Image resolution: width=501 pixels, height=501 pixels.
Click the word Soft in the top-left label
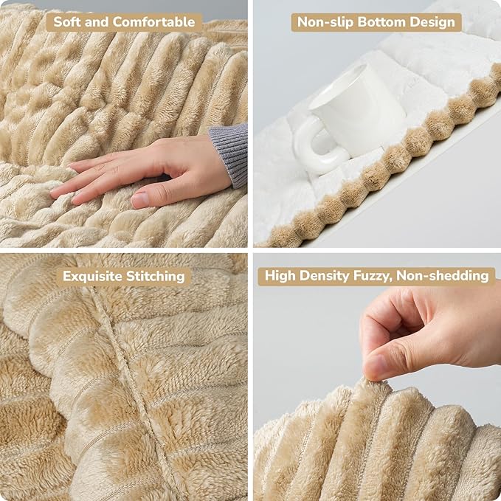(70, 22)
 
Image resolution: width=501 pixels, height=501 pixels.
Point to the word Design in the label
(432, 22)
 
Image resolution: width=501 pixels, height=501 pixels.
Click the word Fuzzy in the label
(375, 277)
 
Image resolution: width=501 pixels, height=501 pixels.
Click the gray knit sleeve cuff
(229, 153)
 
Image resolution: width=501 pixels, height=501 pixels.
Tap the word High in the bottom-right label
(281, 277)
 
